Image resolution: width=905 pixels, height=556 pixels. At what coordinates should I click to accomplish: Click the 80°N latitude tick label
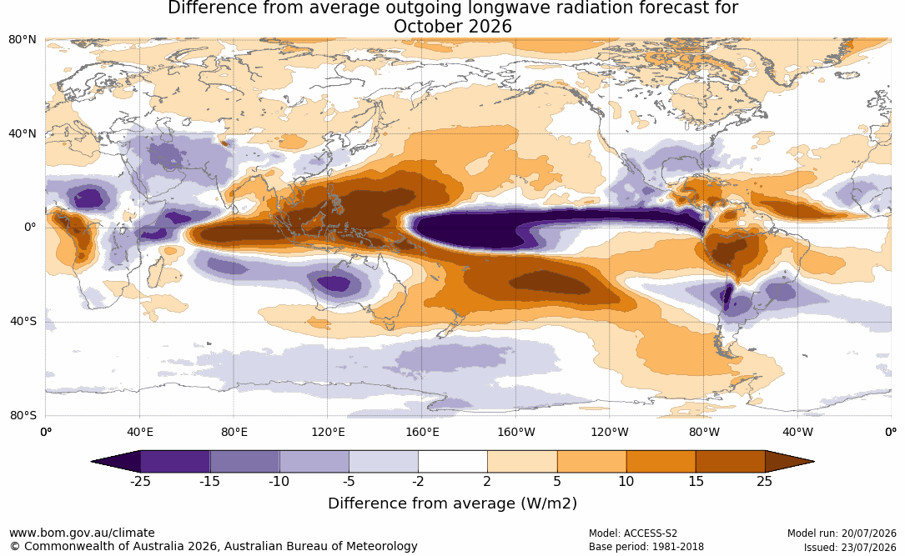[x=23, y=40]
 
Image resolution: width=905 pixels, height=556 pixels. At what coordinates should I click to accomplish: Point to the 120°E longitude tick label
[x=328, y=433]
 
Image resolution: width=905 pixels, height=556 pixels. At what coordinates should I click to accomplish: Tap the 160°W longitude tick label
[x=516, y=433]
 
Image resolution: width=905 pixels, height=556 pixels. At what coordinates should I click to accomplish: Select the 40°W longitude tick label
[x=798, y=433]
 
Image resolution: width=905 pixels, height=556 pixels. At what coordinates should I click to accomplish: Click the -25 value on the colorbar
[x=140, y=481]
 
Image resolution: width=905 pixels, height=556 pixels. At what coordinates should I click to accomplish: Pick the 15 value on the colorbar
[x=696, y=481]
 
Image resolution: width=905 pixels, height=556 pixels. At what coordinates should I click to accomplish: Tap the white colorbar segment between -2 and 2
[x=453, y=462]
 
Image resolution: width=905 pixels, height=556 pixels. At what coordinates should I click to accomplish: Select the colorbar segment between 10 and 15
[x=661, y=462]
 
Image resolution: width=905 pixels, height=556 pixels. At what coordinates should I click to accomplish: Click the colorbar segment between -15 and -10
[x=244, y=462]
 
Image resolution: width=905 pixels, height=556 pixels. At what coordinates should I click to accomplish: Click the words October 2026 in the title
[x=452, y=27]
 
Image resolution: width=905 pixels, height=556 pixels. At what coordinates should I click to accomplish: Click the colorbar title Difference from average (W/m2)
[x=452, y=503]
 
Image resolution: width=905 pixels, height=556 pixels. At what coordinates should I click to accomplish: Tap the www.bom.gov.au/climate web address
[x=82, y=533]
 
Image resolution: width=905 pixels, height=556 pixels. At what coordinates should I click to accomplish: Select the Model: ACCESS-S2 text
[x=633, y=533]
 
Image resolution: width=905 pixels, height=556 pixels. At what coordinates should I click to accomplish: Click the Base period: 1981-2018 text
[x=646, y=547]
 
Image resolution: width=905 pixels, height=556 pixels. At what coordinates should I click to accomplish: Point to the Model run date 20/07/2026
[x=868, y=533]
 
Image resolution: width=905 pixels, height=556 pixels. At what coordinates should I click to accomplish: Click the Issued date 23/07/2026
[x=868, y=547]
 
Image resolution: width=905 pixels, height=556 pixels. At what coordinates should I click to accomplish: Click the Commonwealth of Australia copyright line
[x=214, y=546]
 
